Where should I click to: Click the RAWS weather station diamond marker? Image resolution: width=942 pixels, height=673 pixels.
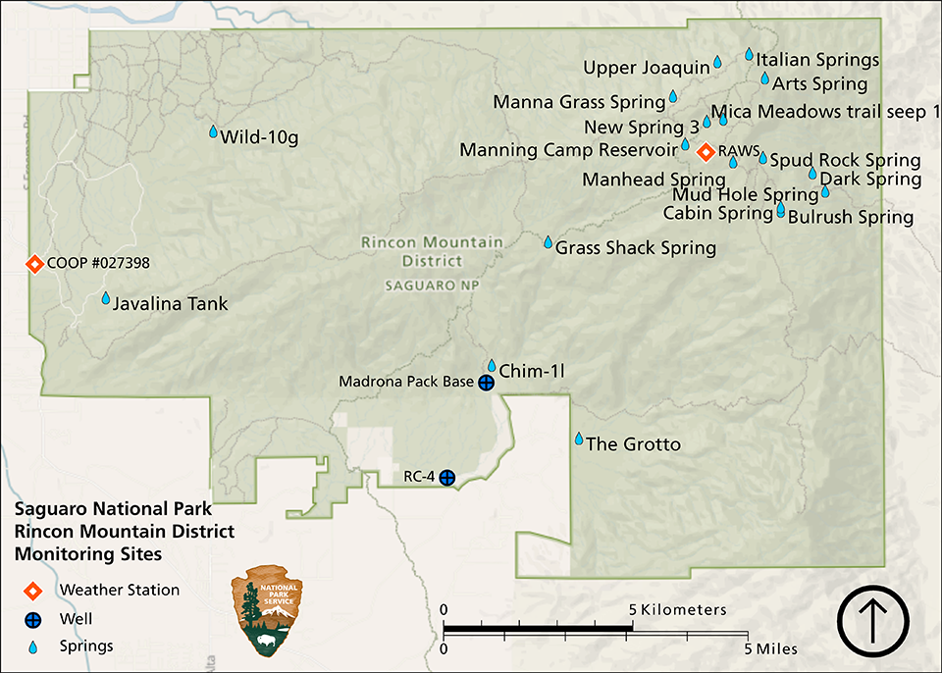coord(705,152)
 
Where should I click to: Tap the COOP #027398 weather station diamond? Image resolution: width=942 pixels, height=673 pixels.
coord(34,264)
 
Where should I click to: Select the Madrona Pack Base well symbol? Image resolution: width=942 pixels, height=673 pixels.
coord(485,383)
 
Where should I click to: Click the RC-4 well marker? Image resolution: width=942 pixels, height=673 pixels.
coord(446,478)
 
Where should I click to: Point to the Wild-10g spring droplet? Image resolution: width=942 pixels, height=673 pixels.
coord(213,131)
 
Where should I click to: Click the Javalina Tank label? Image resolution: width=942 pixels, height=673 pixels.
coord(170,304)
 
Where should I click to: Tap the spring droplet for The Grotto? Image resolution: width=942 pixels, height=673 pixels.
coord(579,439)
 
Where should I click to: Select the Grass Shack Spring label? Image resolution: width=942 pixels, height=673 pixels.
coord(636,248)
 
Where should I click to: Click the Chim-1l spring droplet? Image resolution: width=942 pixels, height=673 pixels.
coord(493,365)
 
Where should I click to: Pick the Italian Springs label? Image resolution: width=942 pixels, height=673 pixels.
coord(817,60)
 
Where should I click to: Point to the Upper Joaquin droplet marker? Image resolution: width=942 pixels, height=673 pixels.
coord(717,62)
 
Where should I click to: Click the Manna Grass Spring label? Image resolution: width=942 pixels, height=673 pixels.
coord(579,102)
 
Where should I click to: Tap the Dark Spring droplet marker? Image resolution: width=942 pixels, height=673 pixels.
coord(812,173)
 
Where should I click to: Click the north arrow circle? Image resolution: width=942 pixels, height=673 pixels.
coord(873,621)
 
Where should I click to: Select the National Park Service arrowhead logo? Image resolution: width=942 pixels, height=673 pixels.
coord(266,611)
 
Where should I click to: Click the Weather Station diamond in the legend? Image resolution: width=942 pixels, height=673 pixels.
coord(33,590)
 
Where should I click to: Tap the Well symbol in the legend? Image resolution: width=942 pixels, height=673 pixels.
coord(33,619)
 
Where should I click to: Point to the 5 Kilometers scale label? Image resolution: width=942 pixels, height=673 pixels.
coord(678,609)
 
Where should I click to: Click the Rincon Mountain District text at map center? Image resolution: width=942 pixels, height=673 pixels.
coord(432,251)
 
